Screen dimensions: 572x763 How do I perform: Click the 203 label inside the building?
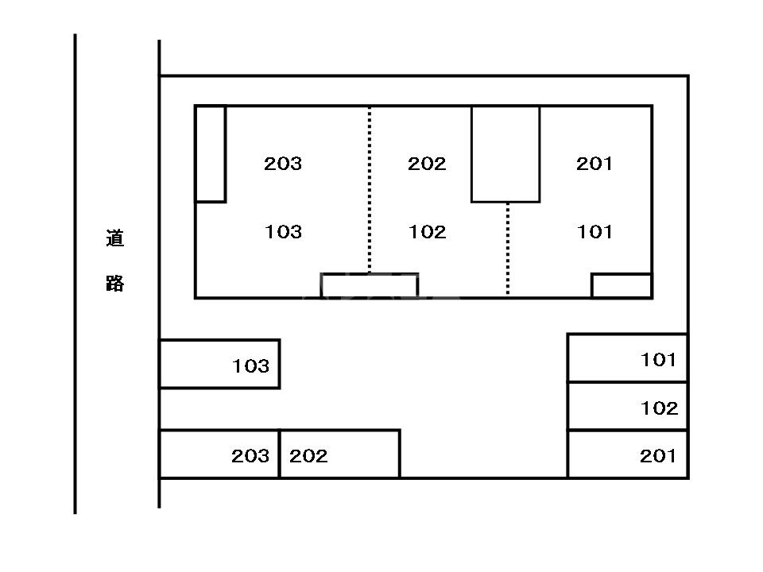[283, 164]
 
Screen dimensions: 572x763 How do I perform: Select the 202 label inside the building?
[427, 164]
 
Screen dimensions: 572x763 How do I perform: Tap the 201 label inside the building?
[595, 164]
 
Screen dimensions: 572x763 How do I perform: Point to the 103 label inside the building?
[283, 232]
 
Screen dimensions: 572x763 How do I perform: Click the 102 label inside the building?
[427, 232]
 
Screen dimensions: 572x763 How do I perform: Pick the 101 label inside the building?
[595, 232]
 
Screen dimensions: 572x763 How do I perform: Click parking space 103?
[219, 364]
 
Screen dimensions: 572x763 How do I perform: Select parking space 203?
[219, 454]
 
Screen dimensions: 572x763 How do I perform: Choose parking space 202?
[339, 454]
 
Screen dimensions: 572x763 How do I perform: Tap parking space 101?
[628, 358]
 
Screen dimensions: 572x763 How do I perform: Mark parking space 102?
[628, 407]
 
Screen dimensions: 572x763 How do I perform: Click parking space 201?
[628, 455]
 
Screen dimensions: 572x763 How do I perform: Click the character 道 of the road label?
[115, 238]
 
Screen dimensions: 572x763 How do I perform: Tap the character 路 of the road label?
[115, 284]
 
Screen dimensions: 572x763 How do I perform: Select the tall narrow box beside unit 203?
[211, 153]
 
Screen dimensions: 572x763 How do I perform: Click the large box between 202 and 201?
[505, 153]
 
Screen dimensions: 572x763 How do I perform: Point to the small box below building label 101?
[622, 285]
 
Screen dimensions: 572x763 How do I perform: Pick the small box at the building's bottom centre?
[370, 285]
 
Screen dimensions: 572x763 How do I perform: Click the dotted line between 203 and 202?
[370, 191]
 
